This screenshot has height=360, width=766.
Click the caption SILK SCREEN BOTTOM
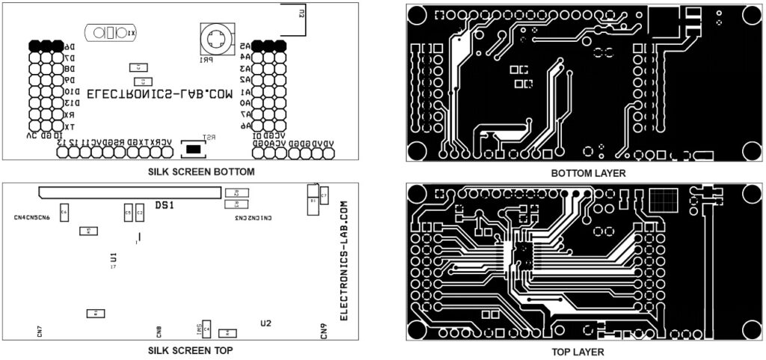(201, 171)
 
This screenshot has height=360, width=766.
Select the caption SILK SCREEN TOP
(190, 350)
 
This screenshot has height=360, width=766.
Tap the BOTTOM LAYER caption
(588, 173)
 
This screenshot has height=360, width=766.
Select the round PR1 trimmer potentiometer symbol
(216, 37)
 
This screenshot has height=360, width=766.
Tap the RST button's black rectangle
(194, 150)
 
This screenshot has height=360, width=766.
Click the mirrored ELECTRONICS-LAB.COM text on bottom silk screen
(160, 95)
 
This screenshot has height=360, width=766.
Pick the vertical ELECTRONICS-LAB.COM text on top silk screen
(345, 261)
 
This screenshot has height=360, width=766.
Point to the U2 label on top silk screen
(266, 323)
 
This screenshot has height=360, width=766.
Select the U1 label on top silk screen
(114, 256)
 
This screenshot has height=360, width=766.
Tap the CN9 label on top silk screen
(324, 331)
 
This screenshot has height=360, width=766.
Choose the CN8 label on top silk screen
(159, 331)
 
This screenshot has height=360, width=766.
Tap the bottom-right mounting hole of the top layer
(749, 330)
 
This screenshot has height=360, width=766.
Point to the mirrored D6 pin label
(68, 46)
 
